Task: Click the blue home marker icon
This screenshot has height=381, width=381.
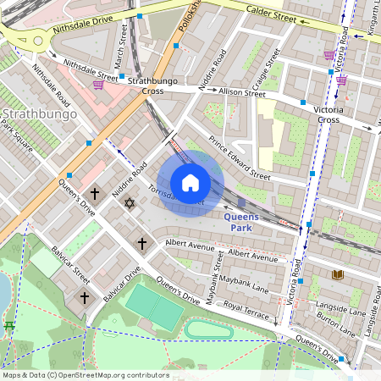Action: (x=190, y=183)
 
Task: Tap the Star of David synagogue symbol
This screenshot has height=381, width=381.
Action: (x=130, y=203)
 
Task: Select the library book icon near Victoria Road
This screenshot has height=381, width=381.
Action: (x=338, y=274)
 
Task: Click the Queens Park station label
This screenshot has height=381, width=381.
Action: (x=247, y=222)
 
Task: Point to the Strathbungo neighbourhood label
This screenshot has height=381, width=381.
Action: (x=40, y=113)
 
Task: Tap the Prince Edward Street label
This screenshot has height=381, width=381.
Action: (x=240, y=158)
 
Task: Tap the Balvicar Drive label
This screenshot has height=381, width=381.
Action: (x=121, y=287)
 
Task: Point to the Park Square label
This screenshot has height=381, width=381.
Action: (x=16, y=135)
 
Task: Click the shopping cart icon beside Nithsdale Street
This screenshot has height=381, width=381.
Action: (x=98, y=85)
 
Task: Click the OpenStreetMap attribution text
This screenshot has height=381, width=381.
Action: (x=85, y=375)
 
